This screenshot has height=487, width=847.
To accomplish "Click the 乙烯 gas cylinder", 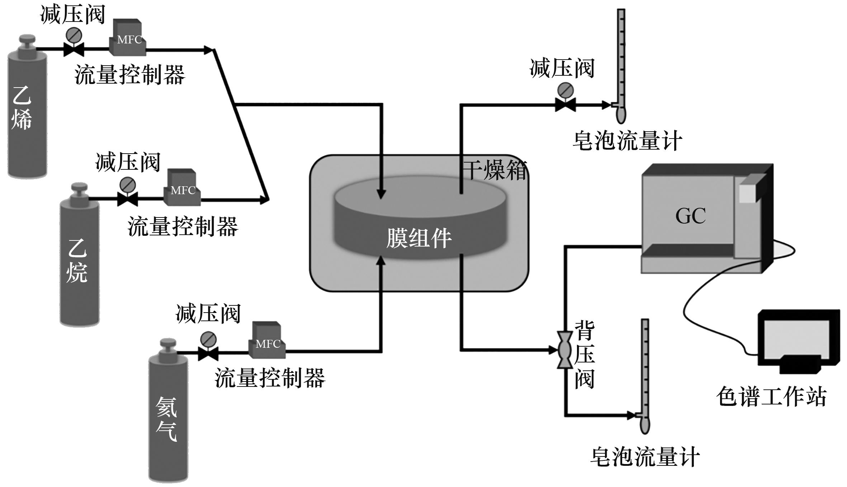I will (27, 111).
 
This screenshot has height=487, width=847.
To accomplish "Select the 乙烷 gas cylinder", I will (79, 262).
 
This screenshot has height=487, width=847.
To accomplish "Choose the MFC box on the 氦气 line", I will (267, 341).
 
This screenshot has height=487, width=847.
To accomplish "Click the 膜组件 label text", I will (418, 238).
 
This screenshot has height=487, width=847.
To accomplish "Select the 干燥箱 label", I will (495, 170).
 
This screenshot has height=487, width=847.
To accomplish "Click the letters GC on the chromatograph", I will (690, 216).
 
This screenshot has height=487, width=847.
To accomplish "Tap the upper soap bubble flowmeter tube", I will (621, 61).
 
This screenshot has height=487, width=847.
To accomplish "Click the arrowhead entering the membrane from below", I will (381, 260).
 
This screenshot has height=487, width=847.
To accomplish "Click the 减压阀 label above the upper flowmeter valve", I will (562, 68).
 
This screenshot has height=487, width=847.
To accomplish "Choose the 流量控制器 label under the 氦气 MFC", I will (270, 378).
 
